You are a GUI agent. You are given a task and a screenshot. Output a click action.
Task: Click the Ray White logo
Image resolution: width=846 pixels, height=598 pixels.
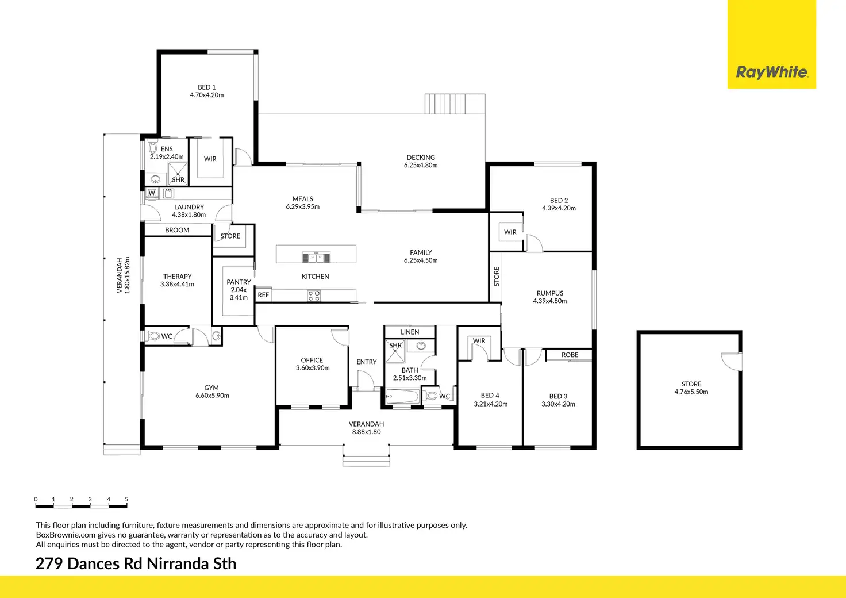coord(772,72)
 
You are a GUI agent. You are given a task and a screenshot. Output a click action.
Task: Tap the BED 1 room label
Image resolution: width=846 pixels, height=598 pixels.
coord(206,87)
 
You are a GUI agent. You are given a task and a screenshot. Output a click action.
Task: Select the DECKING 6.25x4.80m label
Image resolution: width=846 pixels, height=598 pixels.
coord(421,162)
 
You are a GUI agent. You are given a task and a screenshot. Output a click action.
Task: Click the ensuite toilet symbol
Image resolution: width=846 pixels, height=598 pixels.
coord(153,147)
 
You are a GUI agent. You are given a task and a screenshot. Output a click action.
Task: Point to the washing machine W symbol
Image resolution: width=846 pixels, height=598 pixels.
coord(152,193)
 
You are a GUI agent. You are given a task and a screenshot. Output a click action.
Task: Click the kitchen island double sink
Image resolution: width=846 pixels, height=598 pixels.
coord(316,258)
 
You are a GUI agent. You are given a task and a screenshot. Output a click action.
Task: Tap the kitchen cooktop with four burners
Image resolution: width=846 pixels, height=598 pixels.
coord(313,296)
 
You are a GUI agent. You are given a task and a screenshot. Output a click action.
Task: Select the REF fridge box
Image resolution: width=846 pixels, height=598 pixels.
coord(264,294)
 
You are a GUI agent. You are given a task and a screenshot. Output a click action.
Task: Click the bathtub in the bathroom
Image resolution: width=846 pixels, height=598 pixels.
coord(402,397)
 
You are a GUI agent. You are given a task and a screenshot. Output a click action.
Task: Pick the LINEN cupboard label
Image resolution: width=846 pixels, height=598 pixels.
coord(410,332)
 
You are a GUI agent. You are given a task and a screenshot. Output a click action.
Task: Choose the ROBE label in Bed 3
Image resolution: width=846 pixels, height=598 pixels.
coord(570,355)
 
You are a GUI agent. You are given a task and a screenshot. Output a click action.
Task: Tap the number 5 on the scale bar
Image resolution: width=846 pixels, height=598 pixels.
coord(126,499)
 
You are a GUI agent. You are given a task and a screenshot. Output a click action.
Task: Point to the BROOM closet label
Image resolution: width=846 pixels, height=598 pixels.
coord(177,230)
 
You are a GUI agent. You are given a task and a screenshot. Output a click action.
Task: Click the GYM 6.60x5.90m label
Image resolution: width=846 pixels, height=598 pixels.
coord(212,392)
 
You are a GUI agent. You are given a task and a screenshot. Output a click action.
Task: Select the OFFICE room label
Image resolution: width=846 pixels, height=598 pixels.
coord(312,360)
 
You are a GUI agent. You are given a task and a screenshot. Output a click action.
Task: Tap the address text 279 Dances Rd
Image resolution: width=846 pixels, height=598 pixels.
coord(89,563)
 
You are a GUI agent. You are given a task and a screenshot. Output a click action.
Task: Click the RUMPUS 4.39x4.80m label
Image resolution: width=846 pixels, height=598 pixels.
coord(550,297)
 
